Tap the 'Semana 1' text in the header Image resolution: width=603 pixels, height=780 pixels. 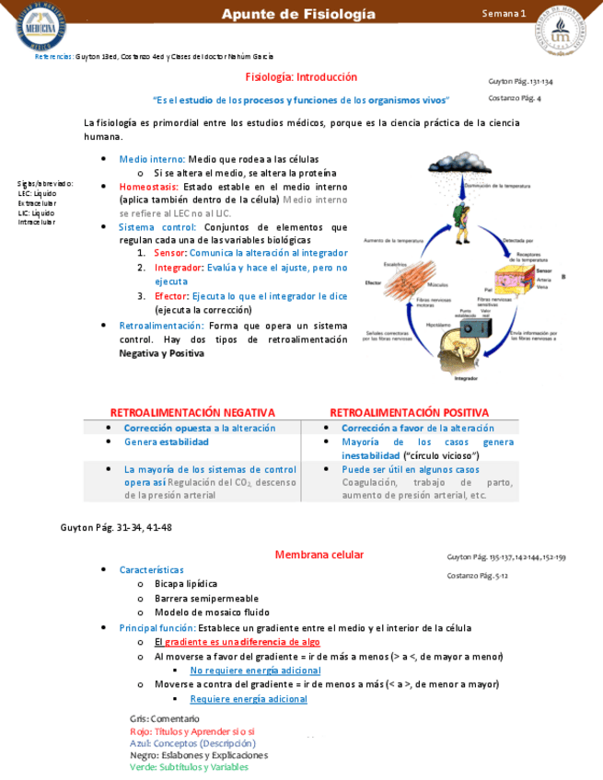coord(504,14)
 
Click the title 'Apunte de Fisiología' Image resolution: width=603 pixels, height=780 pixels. coord(300,14)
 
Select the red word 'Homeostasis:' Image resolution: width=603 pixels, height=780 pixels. coord(149,186)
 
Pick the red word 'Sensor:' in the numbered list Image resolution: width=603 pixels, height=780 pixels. coord(170,252)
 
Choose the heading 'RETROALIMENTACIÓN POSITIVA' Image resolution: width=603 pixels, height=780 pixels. coord(409,412)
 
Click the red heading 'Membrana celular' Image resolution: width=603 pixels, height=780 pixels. coord(319,555)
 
